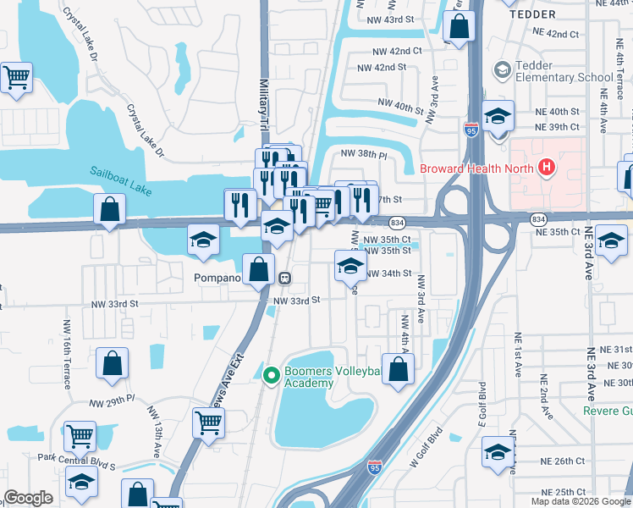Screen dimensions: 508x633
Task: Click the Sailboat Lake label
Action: pos(121,181)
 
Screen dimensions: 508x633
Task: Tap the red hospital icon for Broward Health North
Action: pos(547,167)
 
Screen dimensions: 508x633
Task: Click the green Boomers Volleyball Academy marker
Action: pos(272,375)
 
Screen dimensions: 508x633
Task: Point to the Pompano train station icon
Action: pos(286,278)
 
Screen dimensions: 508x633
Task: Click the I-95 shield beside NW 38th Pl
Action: pos(471,130)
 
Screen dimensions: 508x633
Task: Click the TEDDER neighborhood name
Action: pos(533,14)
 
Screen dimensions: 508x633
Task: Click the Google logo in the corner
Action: pos(28,498)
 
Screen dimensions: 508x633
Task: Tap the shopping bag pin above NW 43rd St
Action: pos(458,25)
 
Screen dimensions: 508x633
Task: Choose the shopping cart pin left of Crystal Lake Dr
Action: pos(17,78)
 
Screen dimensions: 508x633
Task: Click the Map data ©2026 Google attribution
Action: pos(581,501)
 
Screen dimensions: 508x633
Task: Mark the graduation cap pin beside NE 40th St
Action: pos(498,116)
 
